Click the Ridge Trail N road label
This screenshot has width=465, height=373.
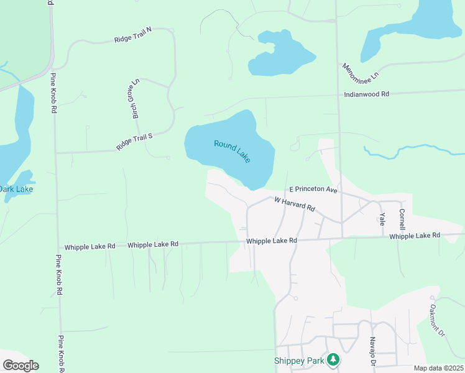[x=133, y=35]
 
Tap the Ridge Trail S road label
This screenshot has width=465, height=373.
[x=134, y=142]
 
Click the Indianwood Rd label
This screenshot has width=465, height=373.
[x=367, y=94]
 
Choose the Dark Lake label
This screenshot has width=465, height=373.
[x=17, y=189]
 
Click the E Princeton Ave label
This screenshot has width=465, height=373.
[x=313, y=190]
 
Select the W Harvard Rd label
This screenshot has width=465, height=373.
[x=295, y=203]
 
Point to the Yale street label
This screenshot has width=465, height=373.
[x=382, y=218]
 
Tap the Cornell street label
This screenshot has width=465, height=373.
[x=402, y=219]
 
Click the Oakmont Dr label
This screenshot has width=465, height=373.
[x=438, y=320]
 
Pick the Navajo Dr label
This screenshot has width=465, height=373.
[x=372, y=351]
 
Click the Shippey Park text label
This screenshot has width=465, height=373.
[x=300, y=361]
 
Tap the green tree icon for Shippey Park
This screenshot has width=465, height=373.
[x=334, y=359]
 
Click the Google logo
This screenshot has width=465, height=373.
[x=21, y=366]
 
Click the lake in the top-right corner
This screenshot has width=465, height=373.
[x=423, y=25]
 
